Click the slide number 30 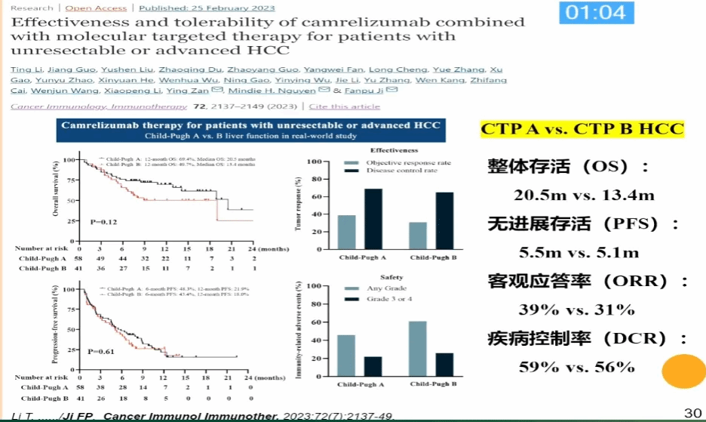(691, 412)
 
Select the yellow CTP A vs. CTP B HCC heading (582, 129)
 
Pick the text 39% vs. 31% (576, 310)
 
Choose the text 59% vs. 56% (576, 368)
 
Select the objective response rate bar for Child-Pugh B (419, 236)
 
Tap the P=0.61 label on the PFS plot (101, 352)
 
